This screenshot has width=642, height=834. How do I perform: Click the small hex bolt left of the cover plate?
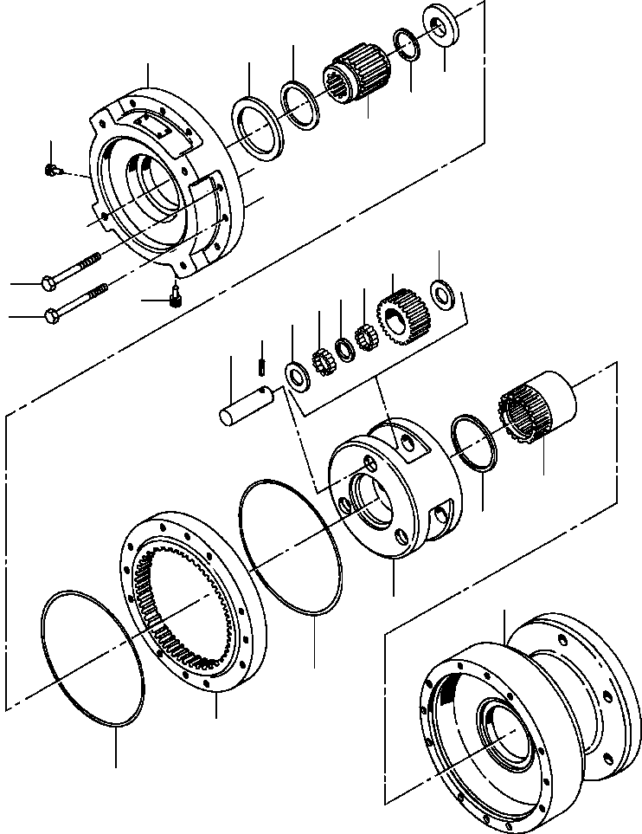click(52, 170)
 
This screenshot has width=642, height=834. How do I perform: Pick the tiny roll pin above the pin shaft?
click(260, 368)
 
